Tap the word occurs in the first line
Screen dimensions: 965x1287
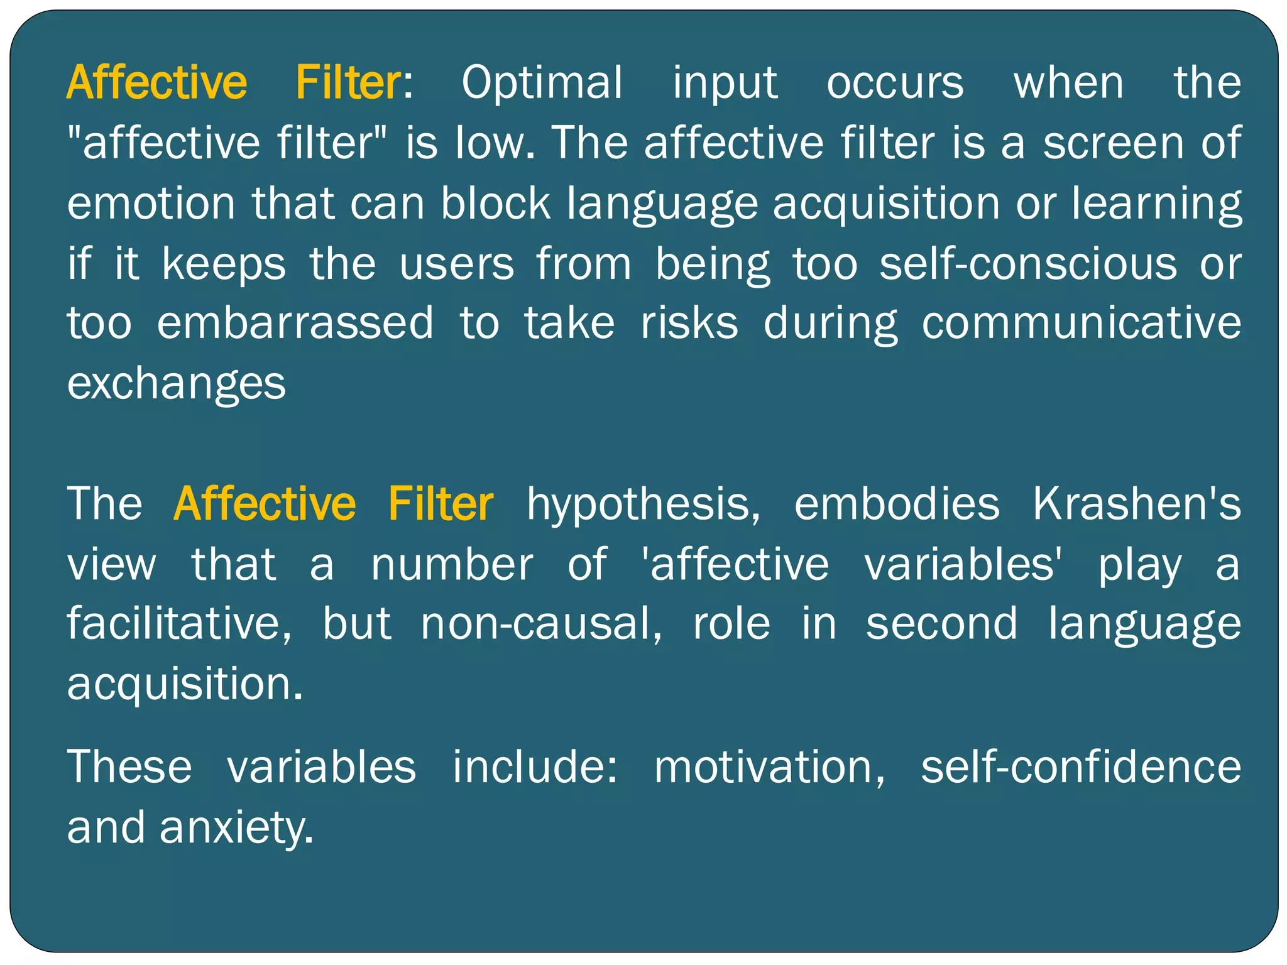[x=895, y=84]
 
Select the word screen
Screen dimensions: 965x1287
[x=1114, y=143]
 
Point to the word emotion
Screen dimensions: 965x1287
[x=151, y=204]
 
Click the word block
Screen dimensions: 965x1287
[x=496, y=204]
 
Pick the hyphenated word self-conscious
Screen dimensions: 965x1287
[x=1028, y=264]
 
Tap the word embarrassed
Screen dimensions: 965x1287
[x=295, y=323]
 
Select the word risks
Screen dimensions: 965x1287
[x=689, y=323]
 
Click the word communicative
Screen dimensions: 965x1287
[x=1082, y=323]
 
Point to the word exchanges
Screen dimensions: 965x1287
[x=177, y=384]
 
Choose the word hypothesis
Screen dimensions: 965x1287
[x=643, y=504]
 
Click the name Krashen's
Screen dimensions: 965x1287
[x=1137, y=504]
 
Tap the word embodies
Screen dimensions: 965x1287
[x=897, y=504]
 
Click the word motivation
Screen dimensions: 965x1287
[x=770, y=767]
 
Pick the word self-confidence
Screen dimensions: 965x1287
[x=1081, y=767]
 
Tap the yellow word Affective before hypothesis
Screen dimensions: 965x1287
[x=265, y=504]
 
